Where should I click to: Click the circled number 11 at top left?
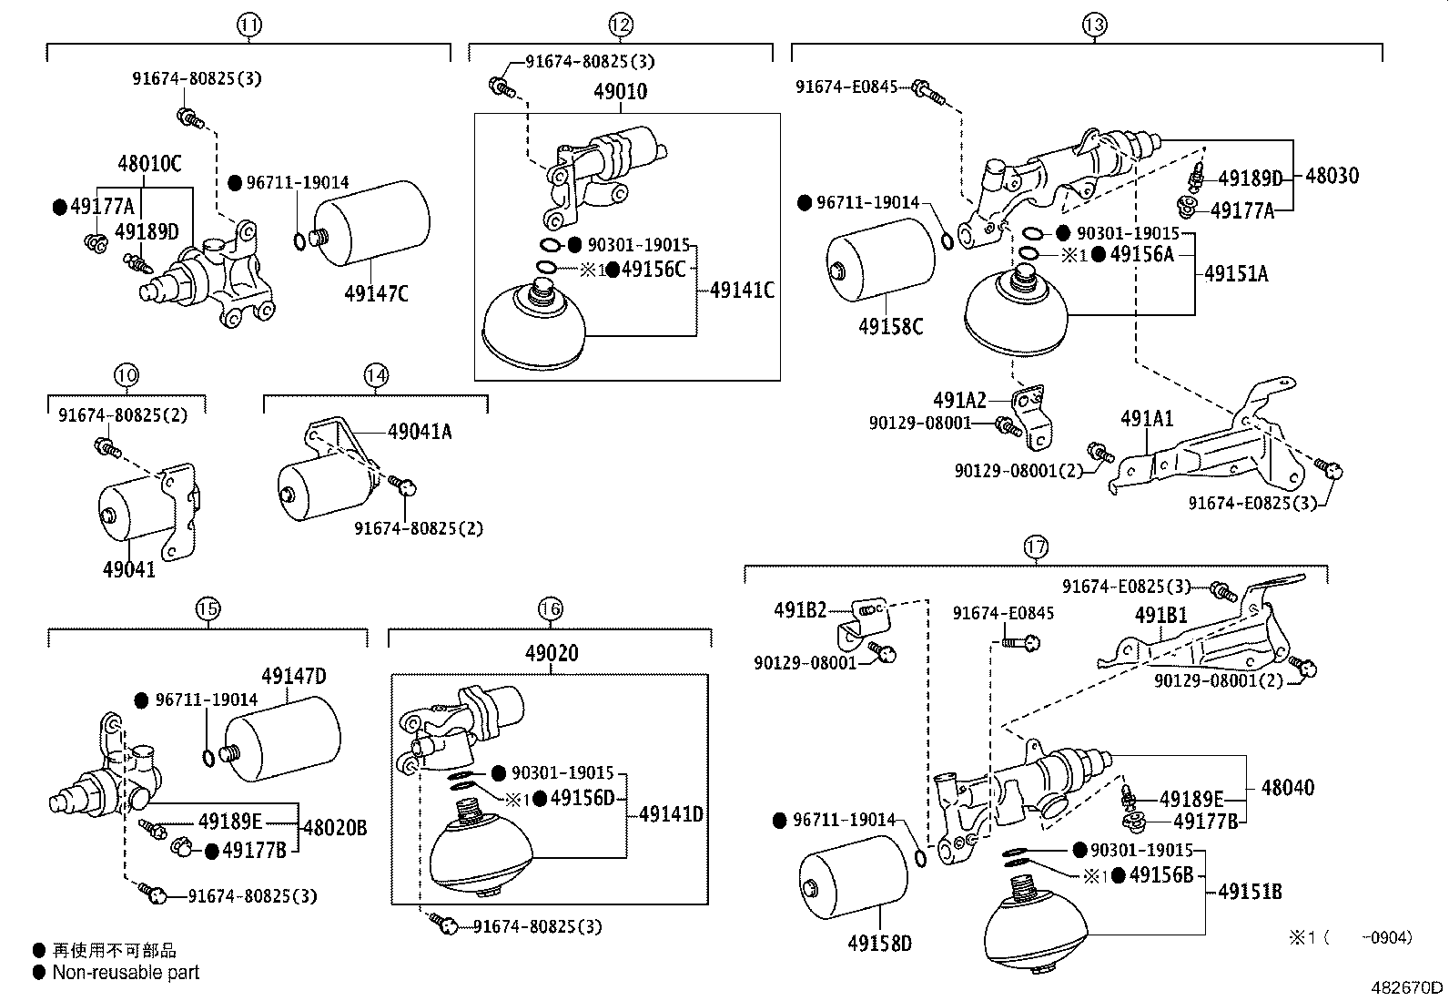click(x=249, y=26)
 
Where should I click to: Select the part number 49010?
click(x=620, y=91)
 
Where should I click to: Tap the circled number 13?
click(x=1094, y=26)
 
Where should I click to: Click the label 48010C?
click(x=149, y=165)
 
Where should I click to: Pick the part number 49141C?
click(x=742, y=291)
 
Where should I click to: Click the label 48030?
click(x=1332, y=175)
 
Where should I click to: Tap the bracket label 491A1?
click(x=1147, y=419)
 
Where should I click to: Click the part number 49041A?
click(x=420, y=432)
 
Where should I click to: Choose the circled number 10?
click(x=126, y=374)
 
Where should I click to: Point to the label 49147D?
click(x=293, y=677)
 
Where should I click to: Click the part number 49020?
click(x=551, y=653)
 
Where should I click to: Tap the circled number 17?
click(x=1036, y=547)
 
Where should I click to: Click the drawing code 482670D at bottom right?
click(x=1408, y=987)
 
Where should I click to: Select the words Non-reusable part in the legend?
click(x=126, y=973)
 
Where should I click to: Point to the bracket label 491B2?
click(x=800, y=609)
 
